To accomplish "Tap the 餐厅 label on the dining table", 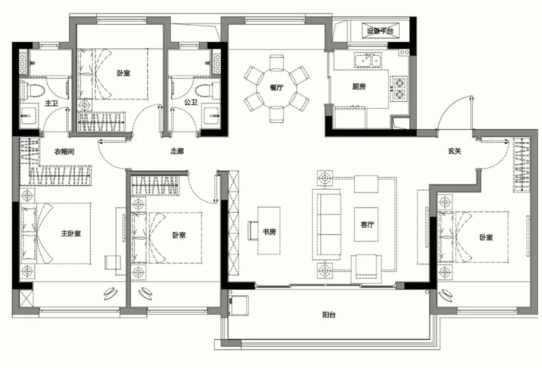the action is [x=276, y=88].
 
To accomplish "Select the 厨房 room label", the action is [x=359, y=87].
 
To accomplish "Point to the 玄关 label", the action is [x=454, y=151].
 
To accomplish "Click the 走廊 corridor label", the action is [x=177, y=151].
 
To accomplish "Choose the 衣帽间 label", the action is [x=64, y=151].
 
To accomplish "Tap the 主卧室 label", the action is [x=71, y=233].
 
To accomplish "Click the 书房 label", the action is [x=269, y=231].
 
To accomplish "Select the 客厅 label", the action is [x=367, y=225].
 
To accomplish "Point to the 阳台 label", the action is [x=329, y=314].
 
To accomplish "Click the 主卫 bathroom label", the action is [x=51, y=103].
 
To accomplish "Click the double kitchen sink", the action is [x=368, y=60].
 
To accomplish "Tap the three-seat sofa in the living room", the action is [x=327, y=225].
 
